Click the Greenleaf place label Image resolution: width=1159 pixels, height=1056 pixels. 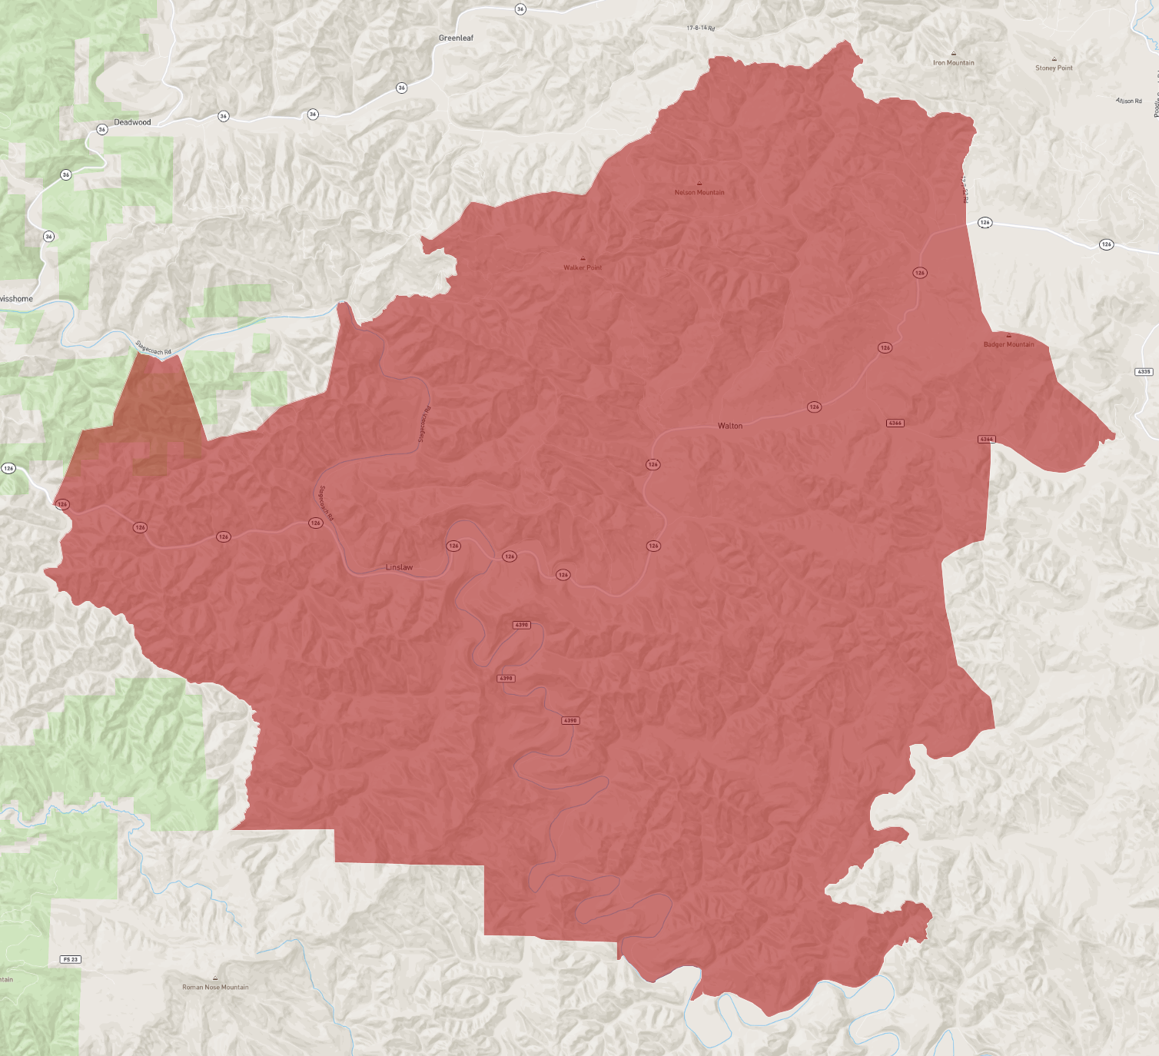(x=456, y=38)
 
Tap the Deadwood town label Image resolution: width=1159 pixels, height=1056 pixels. (x=132, y=122)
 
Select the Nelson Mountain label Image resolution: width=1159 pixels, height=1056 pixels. (x=699, y=193)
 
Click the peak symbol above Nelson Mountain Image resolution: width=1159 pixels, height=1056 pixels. (x=699, y=184)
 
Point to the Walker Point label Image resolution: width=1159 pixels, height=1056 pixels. (x=583, y=267)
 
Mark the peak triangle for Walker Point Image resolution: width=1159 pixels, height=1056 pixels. (x=583, y=258)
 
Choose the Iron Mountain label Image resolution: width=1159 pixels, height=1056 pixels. (x=953, y=63)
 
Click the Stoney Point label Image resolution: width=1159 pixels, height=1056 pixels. (x=1054, y=68)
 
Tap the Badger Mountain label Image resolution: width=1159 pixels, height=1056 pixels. (x=1008, y=344)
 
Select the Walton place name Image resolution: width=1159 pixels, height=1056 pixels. (x=730, y=426)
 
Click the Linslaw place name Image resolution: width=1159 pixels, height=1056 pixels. (x=399, y=567)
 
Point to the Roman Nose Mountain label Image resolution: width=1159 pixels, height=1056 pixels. (x=215, y=988)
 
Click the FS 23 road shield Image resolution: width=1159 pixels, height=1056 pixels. (x=70, y=959)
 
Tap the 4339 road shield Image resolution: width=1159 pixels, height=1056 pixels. (x=1144, y=371)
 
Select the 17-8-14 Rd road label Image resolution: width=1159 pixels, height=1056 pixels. (x=701, y=28)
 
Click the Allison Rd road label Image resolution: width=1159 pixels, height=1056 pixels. (x=1128, y=101)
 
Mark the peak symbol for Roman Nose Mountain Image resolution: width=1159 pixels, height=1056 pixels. (x=215, y=978)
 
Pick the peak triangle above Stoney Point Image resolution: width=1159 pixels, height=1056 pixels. (x=1054, y=59)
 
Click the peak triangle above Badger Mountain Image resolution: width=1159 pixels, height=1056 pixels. (x=1008, y=336)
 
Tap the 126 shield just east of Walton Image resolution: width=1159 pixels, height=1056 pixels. (x=814, y=407)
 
